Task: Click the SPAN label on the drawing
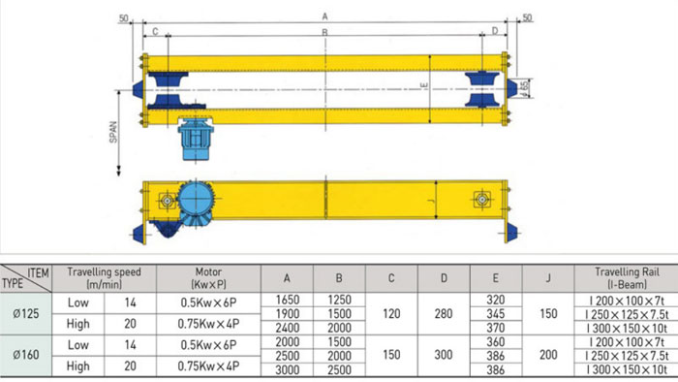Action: coord(113,132)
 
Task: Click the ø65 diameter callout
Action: coord(525,88)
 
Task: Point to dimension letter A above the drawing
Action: coord(324,16)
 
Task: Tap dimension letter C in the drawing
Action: coord(155,32)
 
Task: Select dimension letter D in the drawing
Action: coord(495,31)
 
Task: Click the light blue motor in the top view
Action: coord(196,139)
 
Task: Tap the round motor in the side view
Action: coord(197,199)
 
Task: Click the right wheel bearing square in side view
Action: coord(481,200)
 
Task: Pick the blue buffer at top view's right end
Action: coord(512,88)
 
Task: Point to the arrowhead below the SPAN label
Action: coord(118,172)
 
